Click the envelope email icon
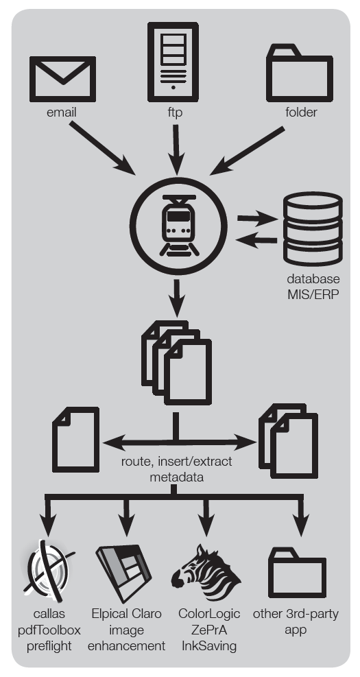(62, 79)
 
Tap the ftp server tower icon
(173, 62)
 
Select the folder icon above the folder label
(300, 73)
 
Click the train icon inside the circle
(179, 225)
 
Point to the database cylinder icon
(313, 228)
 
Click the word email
(61, 112)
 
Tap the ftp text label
(175, 112)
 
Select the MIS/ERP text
(313, 294)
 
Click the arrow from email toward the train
(103, 148)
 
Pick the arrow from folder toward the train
(247, 151)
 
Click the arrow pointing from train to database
(258, 219)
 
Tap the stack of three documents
(176, 362)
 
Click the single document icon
(75, 440)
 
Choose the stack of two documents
(289, 441)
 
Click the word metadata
(176, 477)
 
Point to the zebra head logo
(206, 573)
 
